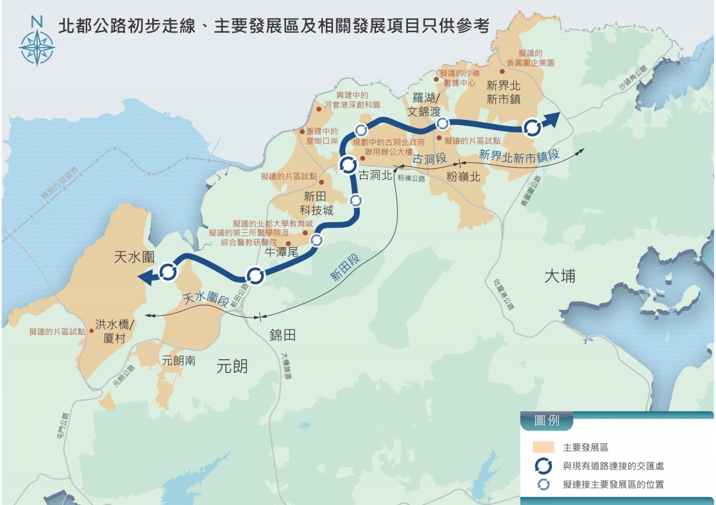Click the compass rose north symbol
37,44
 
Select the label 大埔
559,277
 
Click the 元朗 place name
232,366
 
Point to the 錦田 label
282,335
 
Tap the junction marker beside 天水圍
169,272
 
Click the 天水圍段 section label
206,297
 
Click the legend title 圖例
547,422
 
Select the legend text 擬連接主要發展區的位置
613,484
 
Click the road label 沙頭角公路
633,78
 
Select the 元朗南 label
179,361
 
